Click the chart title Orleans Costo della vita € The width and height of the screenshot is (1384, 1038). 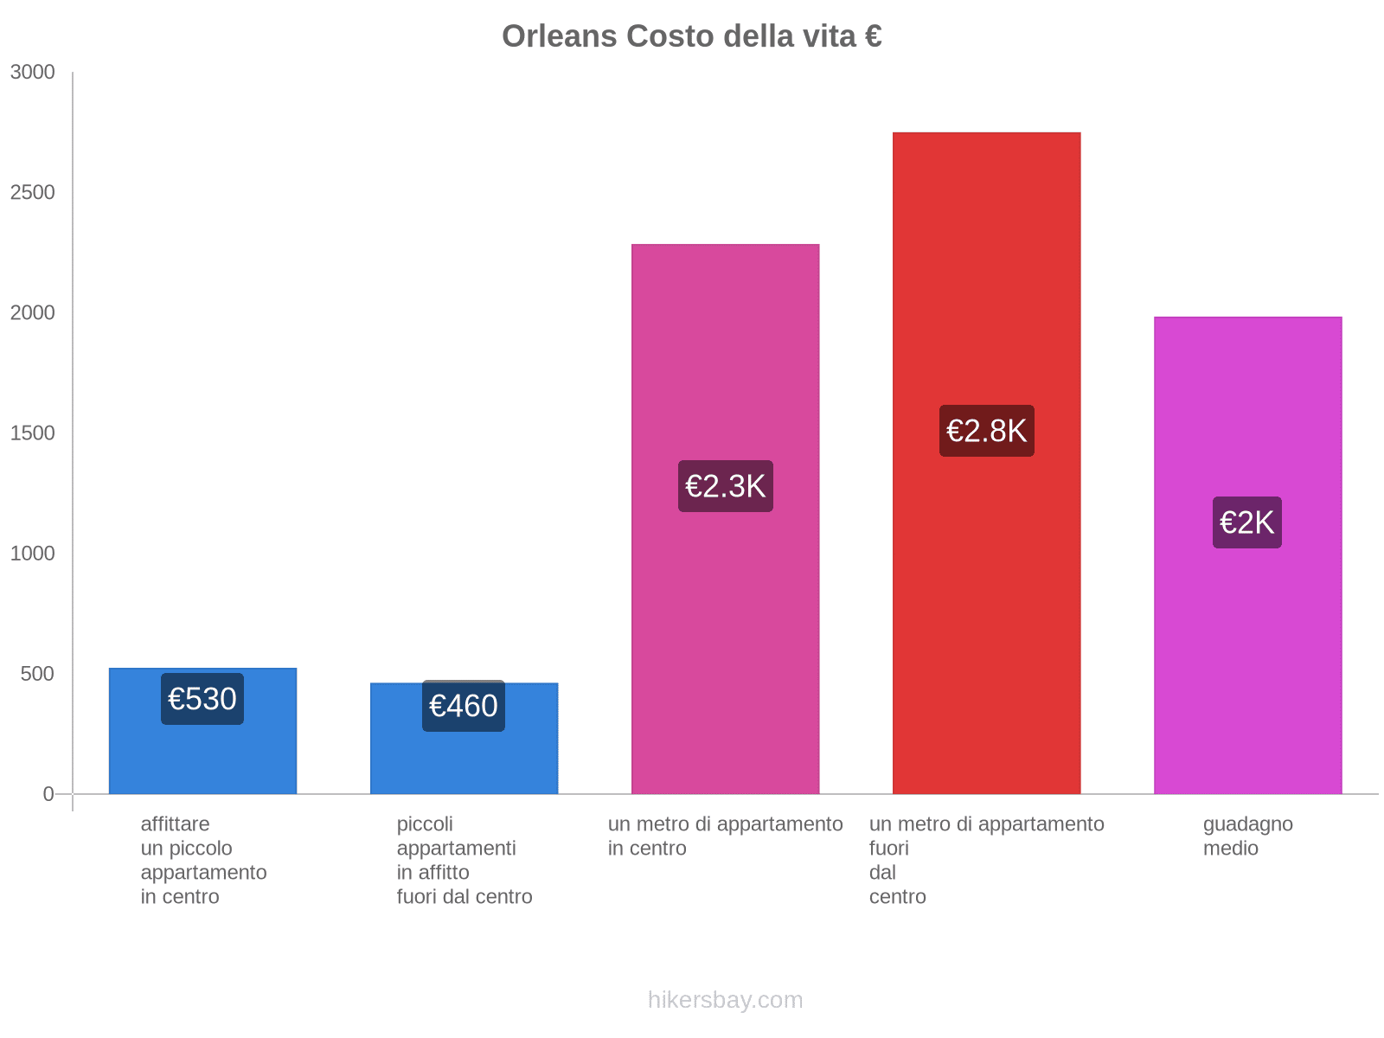click(691, 36)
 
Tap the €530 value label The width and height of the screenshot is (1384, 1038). click(202, 699)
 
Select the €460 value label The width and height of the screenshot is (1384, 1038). click(464, 706)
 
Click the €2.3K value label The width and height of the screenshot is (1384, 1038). click(725, 486)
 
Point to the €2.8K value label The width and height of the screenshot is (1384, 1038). click(986, 431)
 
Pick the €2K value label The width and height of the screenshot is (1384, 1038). click(1246, 522)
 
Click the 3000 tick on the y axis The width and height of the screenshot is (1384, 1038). click(33, 73)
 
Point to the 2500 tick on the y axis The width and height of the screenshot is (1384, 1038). click(33, 193)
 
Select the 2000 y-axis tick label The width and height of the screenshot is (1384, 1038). click(33, 313)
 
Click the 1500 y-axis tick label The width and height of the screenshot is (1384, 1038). click(33, 433)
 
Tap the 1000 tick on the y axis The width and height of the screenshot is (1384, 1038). click(33, 554)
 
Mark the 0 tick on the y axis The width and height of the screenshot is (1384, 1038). click(48, 794)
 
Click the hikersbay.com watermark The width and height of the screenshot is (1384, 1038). click(725, 1000)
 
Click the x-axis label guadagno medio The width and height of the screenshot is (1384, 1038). click(1247, 836)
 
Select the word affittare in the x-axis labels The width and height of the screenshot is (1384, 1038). click(175, 823)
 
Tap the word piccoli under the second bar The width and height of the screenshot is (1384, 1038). click(425, 823)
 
